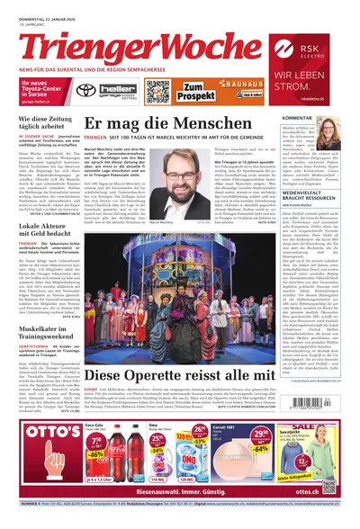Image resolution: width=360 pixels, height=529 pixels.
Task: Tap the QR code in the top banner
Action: point(157,92)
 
